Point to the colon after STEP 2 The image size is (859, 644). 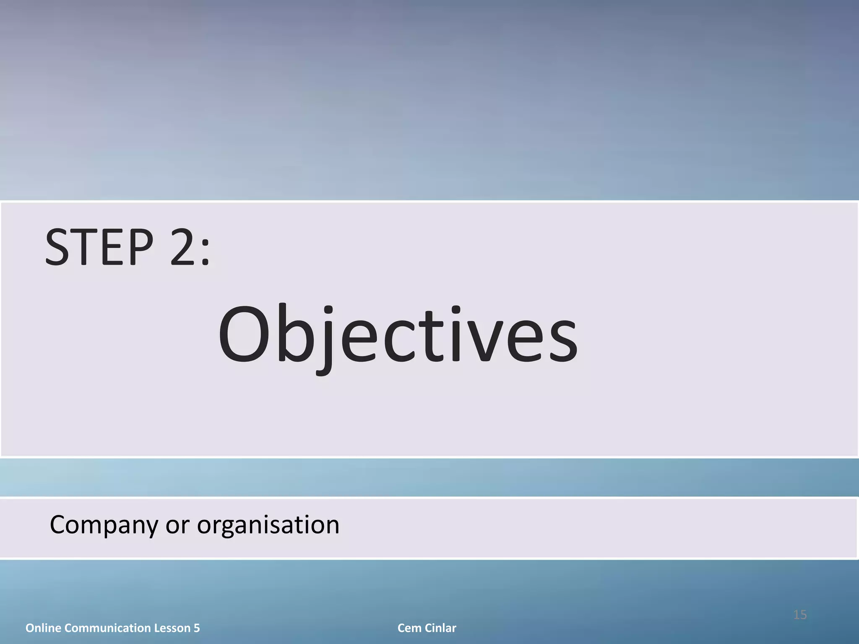pos(205,252)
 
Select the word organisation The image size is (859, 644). pos(268,525)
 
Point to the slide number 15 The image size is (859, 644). pos(800,615)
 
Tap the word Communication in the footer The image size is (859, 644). pos(108,628)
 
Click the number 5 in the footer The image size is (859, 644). pos(197,628)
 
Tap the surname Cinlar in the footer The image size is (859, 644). pos(440,628)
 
